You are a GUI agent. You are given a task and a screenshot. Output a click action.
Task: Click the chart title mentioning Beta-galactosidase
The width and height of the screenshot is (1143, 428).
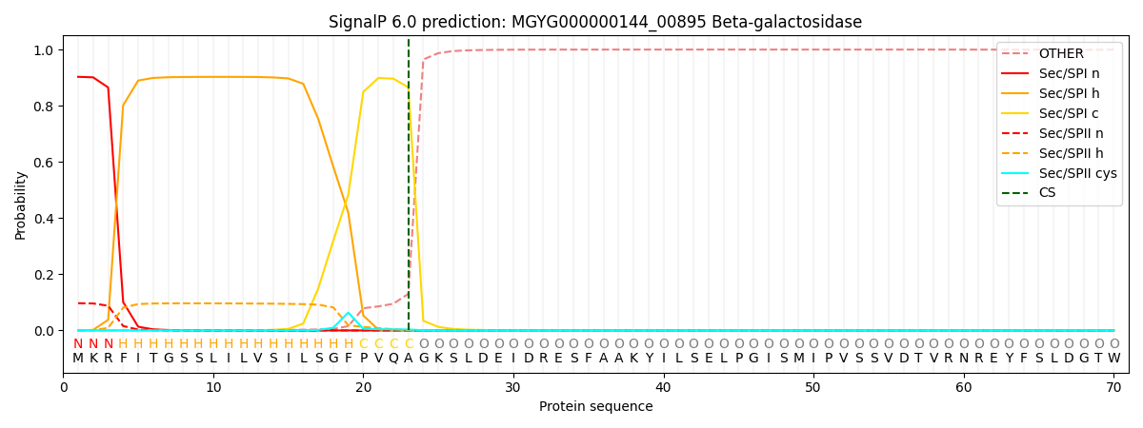pyautogui.click(x=595, y=22)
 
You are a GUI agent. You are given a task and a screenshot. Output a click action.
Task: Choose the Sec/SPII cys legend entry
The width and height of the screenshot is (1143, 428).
pyautogui.click(x=1059, y=173)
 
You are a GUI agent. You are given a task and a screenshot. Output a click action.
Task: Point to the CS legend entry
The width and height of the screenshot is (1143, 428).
pyautogui.click(x=1028, y=192)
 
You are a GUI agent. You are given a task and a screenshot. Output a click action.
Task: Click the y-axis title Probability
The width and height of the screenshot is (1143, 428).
pyautogui.click(x=20, y=205)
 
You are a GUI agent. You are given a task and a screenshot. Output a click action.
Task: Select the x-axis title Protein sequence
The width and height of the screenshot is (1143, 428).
pyautogui.click(x=595, y=407)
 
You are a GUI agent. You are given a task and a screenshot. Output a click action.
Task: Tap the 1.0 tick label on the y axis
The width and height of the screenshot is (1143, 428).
pyautogui.click(x=44, y=49)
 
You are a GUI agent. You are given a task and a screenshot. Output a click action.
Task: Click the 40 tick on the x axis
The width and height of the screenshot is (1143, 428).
pyautogui.click(x=663, y=375)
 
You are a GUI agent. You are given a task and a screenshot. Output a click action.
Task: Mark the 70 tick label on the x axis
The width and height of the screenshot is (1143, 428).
pyautogui.click(x=1113, y=388)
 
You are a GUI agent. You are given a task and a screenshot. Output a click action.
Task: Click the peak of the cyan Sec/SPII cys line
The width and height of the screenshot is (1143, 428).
pyautogui.click(x=349, y=313)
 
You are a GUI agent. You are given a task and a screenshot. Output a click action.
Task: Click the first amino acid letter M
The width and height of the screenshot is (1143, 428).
pyautogui.click(x=78, y=359)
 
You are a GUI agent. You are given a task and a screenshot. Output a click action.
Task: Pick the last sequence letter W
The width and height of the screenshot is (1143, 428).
pyautogui.click(x=1113, y=359)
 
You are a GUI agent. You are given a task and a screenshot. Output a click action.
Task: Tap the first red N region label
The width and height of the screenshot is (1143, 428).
pyautogui.click(x=78, y=343)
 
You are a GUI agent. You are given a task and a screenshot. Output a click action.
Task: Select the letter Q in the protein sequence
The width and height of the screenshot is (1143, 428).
pyautogui.click(x=393, y=359)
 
